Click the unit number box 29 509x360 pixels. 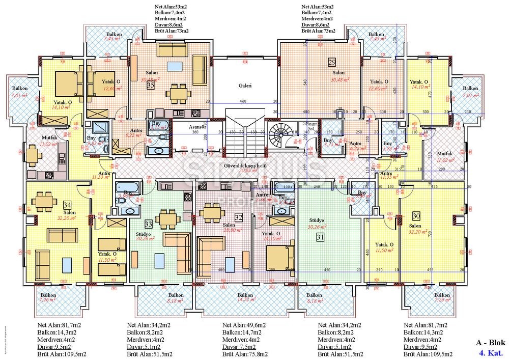tap(332, 63)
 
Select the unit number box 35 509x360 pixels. tap(151, 86)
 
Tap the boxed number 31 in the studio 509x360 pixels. tap(320, 236)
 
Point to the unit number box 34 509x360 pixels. tap(67, 205)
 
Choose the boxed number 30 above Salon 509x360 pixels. tap(416, 215)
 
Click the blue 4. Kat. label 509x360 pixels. tap(490, 352)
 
